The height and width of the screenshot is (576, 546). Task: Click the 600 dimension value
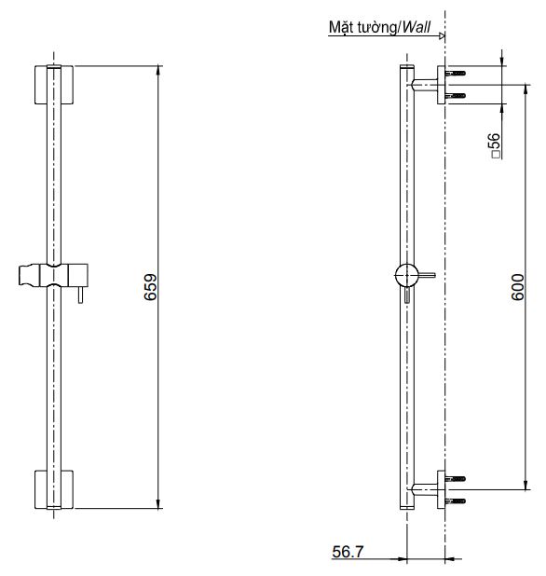(518, 287)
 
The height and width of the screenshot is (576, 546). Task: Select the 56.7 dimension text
(348, 552)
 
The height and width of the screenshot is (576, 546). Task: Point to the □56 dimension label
(495, 145)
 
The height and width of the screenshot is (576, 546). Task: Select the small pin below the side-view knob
(407, 295)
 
